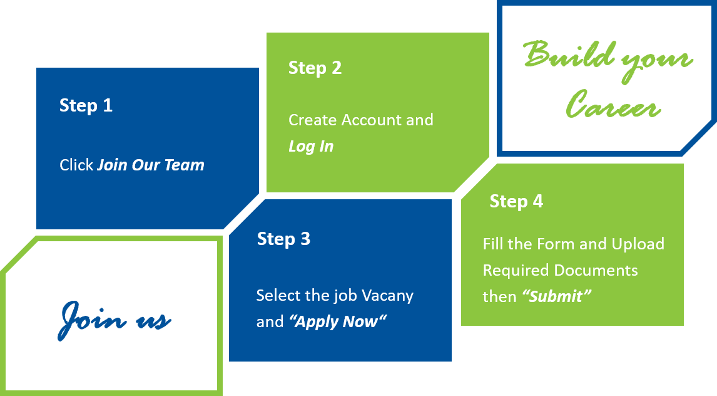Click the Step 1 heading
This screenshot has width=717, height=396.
pyautogui.click(x=86, y=105)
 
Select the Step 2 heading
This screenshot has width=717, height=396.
pyautogui.click(x=315, y=68)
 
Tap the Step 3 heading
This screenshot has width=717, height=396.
pyautogui.click(x=283, y=239)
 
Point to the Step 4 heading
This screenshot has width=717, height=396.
pyautogui.click(x=516, y=201)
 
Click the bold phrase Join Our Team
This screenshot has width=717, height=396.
pyautogui.click(x=151, y=165)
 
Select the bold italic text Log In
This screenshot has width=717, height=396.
pyautogui.click(x=311, y=147)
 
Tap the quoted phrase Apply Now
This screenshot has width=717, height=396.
pyautogui.click(x=338, y=322)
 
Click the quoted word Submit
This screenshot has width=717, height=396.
pyautogui.click(x=556, y=296)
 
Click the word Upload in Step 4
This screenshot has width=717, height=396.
pyautogui.click(x=638, y=244)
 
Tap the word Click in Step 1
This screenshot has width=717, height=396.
pyautogui.click(x=76, y=165)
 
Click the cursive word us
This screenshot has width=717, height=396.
pyautogui.click(x=153, y=321)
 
